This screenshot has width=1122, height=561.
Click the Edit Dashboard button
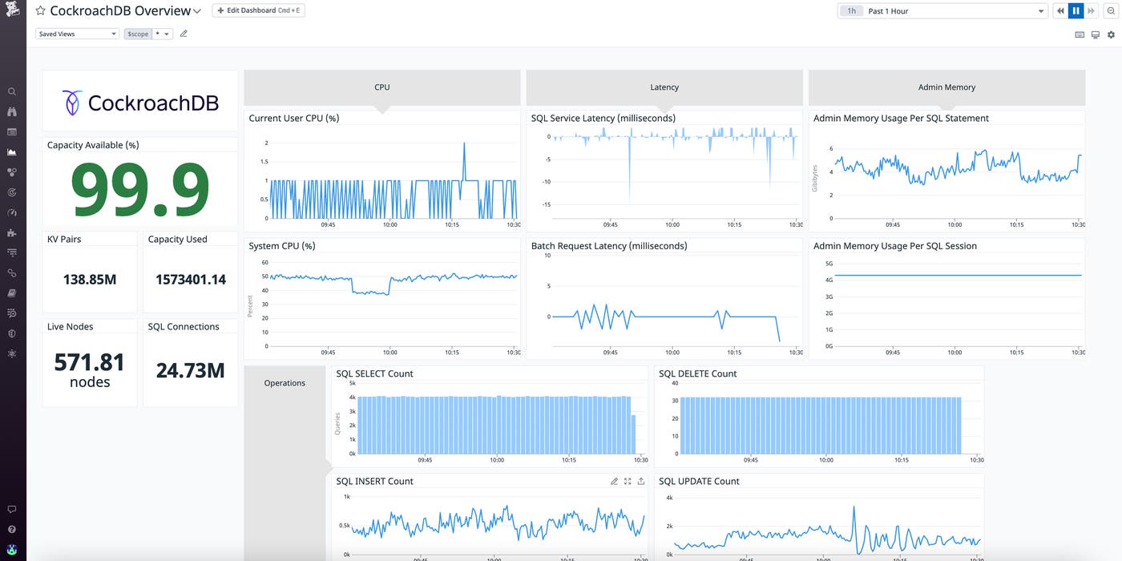coord(258,10)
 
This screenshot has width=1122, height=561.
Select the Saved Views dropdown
coord(77,34)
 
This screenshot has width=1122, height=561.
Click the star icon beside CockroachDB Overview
coord(40,11)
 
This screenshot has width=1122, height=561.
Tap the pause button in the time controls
coord(1076,10)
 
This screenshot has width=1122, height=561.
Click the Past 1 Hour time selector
coord(942,11)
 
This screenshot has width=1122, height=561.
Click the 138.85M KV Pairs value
coord(90,280)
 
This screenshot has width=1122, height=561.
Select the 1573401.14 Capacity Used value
coord(191,280)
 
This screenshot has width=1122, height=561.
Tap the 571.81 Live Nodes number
coord(90,363)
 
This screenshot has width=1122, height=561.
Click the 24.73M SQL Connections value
coord(191,370)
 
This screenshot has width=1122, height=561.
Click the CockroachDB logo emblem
coord(72,102)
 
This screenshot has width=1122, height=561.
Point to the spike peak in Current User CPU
coord(464,143)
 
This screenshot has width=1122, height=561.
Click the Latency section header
coord(664,87)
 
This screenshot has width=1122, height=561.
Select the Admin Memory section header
coord(946,87)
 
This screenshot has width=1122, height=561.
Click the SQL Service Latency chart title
coord(603,118)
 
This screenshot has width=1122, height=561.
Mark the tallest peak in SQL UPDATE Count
coord(854,507)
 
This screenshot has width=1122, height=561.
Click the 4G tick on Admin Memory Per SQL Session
coord(829,280)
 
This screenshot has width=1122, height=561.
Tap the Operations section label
coord(285,383)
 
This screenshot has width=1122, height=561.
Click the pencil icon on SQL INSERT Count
coord(614,482)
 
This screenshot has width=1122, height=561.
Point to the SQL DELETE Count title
coord(697,373)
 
